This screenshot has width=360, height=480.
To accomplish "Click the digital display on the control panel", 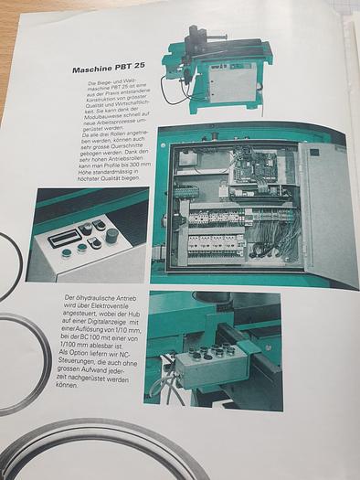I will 66,237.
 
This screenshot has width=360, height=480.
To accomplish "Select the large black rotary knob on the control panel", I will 111,235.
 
